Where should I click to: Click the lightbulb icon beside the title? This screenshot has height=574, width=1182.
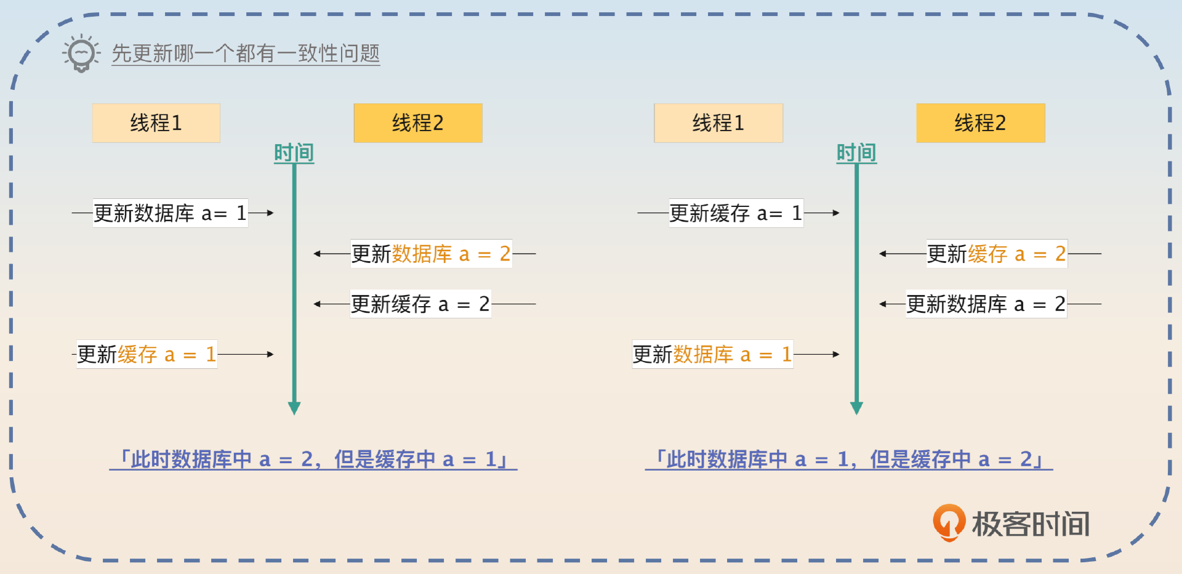click(81, 54)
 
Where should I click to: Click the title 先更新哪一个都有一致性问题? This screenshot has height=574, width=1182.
click(246, 54)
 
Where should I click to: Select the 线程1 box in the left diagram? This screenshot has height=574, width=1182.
click(156, 123)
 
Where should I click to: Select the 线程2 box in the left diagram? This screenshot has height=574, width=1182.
click(417, 123)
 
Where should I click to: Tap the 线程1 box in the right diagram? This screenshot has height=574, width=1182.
click(718, 123)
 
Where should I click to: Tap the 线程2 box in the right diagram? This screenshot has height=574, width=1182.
click(980, 123)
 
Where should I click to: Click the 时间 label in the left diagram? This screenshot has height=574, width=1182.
click(294, 153)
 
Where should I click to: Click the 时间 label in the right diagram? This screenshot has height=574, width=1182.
click(856, 153)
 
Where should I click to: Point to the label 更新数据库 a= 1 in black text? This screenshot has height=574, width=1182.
click(170, 213)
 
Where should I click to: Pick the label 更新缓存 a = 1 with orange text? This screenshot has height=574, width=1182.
click(147, 354)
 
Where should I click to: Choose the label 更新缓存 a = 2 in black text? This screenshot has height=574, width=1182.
click(420, 304)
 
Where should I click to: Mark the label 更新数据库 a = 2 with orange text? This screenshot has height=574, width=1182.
click(431, 253)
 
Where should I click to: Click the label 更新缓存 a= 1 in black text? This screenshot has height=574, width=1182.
click(736, 213)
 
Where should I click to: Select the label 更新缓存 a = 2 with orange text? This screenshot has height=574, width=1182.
click(996, 253)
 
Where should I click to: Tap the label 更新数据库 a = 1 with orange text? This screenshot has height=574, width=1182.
click(712, 354)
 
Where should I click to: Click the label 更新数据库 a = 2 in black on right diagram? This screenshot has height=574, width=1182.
click(986, 304)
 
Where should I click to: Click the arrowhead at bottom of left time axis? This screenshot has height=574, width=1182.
click(294, 408)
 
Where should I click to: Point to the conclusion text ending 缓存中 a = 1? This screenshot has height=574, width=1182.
click(313, 459)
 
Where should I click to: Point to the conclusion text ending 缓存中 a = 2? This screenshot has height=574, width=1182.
click(849, 459)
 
